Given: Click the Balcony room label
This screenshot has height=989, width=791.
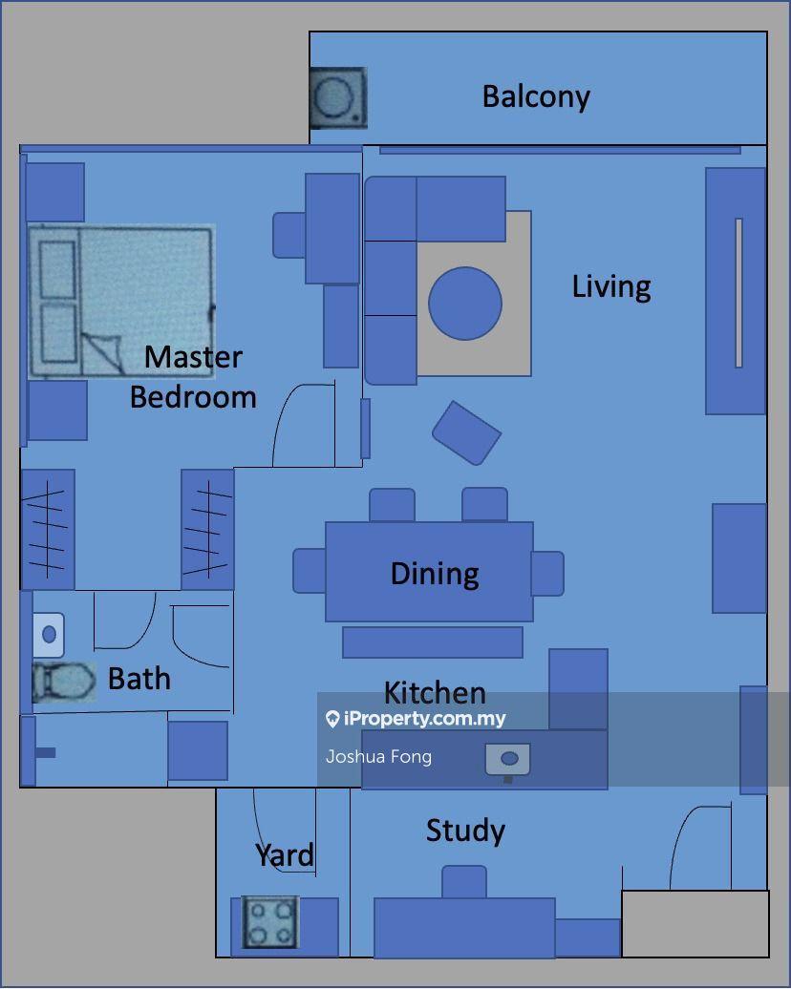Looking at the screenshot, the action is pyautogui.click(x=536, y=97).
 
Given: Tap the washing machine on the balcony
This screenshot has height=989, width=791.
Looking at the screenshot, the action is pyautogui.click(x=338, y=97).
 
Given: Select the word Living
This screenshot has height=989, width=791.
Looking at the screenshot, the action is pyautogui.click(x=611, y=287).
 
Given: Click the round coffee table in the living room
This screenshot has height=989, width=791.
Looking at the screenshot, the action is pyautogui.click(x=465, y=304).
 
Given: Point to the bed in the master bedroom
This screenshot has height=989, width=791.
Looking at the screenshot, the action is pyautogui.click(x=121, y=302).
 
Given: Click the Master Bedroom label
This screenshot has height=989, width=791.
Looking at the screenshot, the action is pyautogui.click(x=193, y=377).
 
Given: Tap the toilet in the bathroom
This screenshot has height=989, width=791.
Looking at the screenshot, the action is pyautogui.click(x=64, y=682).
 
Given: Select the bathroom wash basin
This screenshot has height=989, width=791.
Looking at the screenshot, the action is pyautogui.click(x=49, y=635).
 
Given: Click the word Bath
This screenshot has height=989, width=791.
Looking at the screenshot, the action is pyautogui.click(x=139, y=679).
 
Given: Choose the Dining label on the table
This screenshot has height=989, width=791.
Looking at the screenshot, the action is pyautogui.click(x=435, y=574).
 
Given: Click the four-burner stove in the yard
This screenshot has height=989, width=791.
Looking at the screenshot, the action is pyautogui.click(x=270, y=922).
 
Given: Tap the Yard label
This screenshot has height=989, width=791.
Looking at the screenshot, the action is pyautogui.click(x=285, y=854).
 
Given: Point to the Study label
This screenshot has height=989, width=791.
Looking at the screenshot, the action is pyautogui.click(x=465, y=831).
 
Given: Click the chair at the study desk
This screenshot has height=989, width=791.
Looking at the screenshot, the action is pyautogui.click(x=464, y=882).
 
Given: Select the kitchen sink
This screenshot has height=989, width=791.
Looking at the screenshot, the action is pyautogui.click(x=507, y=760).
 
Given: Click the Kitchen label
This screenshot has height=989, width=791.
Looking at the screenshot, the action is pyautogui.click(x=435, y=692).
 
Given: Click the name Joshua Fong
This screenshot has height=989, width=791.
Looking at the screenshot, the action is pyautogui.click(x=378, y=756).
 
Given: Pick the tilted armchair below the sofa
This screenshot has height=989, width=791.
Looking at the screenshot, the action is pyautogui.click(x=466, y=433).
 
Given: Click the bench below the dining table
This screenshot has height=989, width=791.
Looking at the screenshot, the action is pyautogui.click(x=433, y=642).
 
